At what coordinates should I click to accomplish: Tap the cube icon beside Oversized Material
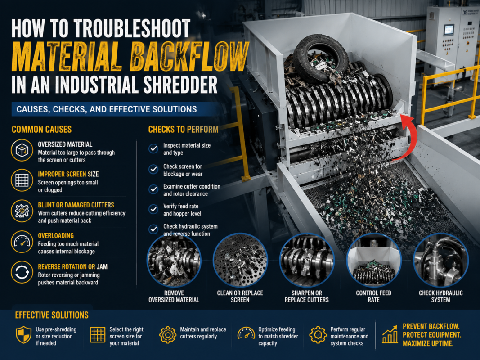(x=22, y=150)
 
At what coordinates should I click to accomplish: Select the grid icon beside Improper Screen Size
(x=22, y=180)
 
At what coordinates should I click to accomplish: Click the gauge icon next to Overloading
(x=22, y=242)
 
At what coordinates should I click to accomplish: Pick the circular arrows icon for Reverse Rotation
(x=22, y=272)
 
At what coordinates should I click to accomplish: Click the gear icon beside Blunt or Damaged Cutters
(x=22, y=211)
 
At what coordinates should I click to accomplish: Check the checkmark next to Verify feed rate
(x=153, y=209)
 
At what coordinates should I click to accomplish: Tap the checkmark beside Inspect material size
(x=153, y=149)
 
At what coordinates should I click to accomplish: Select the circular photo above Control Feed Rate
(x=373, y=260)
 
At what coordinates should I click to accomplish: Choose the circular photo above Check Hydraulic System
(x=440, y=260)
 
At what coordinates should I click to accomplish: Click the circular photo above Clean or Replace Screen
(x=240, y=260)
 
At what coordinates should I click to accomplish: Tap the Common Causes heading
(x=42, y=130)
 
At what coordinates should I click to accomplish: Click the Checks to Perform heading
(x=184, y=130)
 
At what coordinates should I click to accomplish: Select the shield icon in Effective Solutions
(x=23, y=335)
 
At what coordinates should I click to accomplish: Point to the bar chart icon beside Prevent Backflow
(x=390, y=334)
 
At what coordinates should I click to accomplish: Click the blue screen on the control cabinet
(x=449, y=30)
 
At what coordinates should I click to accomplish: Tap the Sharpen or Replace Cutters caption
(x=307, y=297)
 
